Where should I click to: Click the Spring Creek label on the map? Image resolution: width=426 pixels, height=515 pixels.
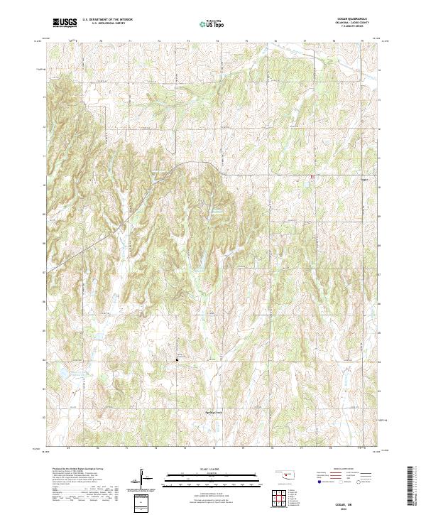pos(205,411)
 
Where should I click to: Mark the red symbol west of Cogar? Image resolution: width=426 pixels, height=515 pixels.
pos(310,178)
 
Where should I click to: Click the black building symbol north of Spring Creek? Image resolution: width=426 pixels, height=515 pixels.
pos(177,360)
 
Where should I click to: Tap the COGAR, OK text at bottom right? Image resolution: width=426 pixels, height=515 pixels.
pos(354,502)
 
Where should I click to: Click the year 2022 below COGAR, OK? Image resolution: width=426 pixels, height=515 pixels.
pos(354,507)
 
